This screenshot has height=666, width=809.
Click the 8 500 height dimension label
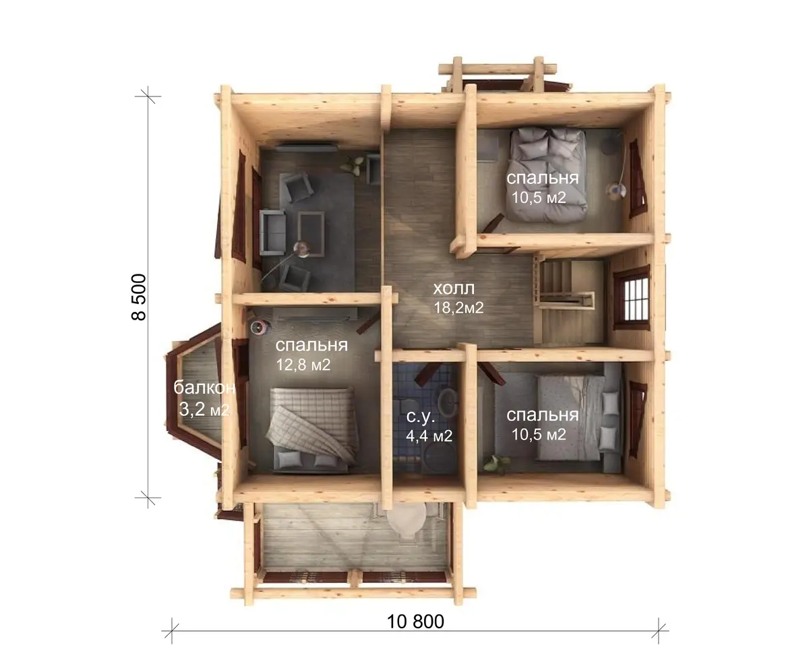pos(138,297)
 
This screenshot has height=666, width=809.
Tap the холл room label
pos(454,289)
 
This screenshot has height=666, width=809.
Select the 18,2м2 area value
pos(458,307)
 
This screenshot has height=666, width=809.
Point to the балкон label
pos(204,388)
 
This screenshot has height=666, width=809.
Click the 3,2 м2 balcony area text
pos(204,409)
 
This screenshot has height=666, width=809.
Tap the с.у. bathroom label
pos(421,417)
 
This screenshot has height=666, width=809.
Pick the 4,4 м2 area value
pos(429,436)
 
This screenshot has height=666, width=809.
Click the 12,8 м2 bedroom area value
pos(303,365)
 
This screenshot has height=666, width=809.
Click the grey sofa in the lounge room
pos(272,233)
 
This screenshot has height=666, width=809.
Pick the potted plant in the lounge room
pos(353,165)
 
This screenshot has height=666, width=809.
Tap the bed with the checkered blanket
pos(313,429)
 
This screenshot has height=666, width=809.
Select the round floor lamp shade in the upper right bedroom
pos(615,190)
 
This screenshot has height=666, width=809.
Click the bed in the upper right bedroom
pos(546,175)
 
